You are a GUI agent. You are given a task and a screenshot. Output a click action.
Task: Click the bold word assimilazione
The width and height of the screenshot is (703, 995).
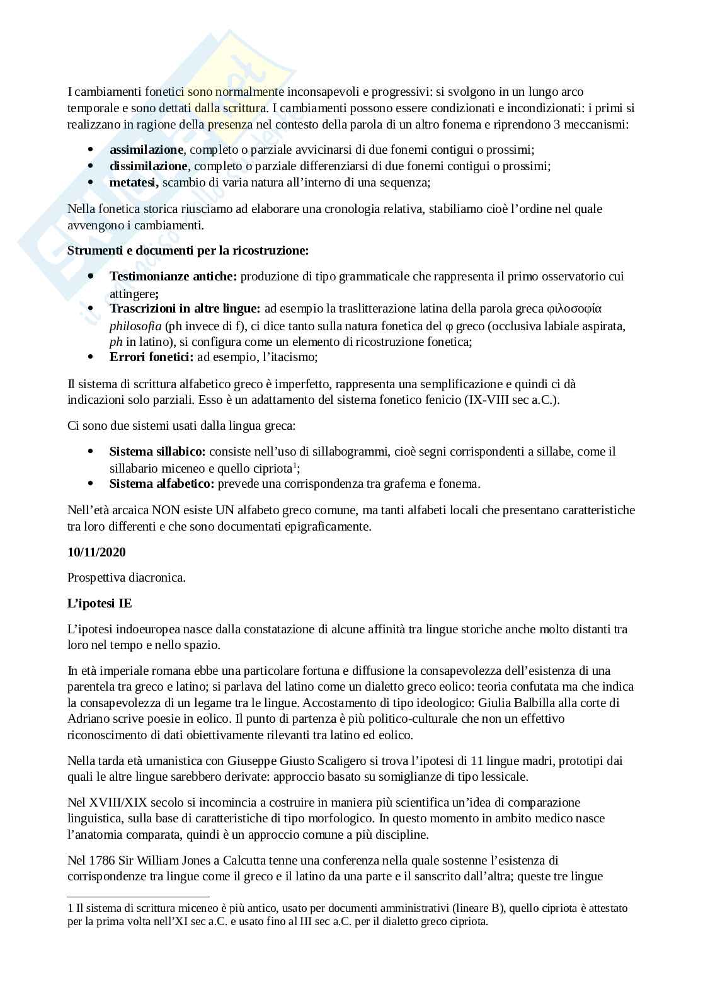point(146,150)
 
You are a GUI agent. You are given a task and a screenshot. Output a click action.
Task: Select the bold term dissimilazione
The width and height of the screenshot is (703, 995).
point(149,166)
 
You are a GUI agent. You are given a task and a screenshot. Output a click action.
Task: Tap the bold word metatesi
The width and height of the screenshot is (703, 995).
point(132,183)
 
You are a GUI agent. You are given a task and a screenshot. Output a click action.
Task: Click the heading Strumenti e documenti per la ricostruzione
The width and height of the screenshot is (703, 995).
point(188,251)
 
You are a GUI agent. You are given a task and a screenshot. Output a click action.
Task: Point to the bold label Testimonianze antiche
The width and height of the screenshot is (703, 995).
point(173,276)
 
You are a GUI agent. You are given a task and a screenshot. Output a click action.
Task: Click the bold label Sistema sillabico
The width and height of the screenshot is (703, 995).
point(157,452)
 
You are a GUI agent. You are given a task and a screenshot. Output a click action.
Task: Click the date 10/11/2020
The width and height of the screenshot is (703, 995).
point(96,552)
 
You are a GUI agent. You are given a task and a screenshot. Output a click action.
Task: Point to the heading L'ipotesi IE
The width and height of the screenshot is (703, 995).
point(100,603)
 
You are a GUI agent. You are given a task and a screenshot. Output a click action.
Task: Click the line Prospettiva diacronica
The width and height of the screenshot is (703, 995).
point(127,577)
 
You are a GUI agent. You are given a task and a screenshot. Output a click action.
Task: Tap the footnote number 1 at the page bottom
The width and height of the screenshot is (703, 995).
point(70,908)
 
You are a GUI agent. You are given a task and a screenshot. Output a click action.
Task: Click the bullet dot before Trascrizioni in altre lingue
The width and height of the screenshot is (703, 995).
point(91,309)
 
